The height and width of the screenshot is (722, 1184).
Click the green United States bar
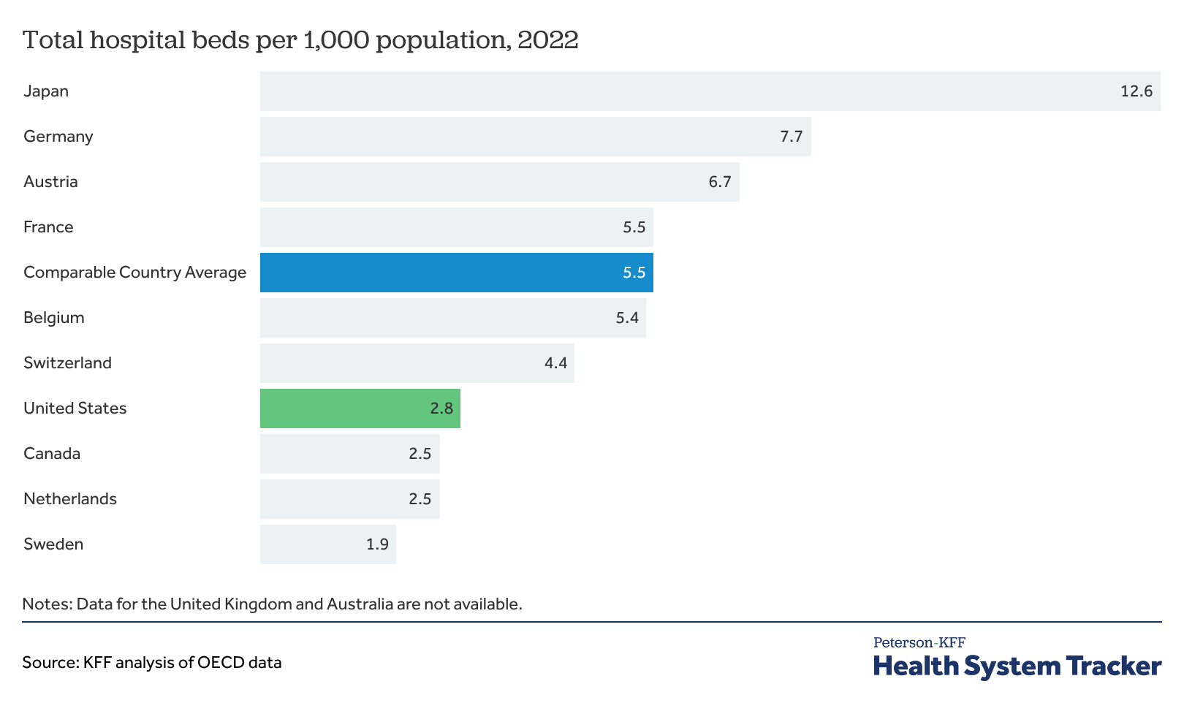[x=360, y=408]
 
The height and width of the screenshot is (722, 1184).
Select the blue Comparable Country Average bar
[x=457, y=272]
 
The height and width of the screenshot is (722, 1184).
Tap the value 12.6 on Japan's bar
[x=1136, y=91]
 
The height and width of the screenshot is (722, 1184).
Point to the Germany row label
[x=58, y=137]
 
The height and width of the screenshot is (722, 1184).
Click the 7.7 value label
[x=792, y=137]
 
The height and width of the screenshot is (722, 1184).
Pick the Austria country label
[x=50, y=182]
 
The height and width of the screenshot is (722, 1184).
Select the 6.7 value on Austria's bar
[x=720, y=182]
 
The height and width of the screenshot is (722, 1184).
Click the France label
[x=49, y=227]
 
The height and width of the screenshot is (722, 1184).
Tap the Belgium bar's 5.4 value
[x=627, y=318]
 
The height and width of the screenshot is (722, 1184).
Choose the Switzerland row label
[x=68, y=363]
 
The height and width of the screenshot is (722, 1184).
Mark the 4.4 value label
[x=555, y=363]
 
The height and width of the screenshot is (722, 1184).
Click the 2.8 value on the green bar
[x=441, y=408]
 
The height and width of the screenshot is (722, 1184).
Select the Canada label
[x=52, y=454]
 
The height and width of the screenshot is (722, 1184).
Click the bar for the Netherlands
[x=350, y=499]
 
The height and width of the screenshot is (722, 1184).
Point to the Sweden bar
[x=327, y=544]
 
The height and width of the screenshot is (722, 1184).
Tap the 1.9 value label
[x=377, y=544]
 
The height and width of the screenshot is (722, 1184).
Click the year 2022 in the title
[x=548, y=40]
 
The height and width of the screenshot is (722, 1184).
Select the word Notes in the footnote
[x=48, y=604]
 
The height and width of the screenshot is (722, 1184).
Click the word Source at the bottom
[x=50, y=663]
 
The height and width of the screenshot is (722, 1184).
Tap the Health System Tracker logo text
[x=1017, y=666]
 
